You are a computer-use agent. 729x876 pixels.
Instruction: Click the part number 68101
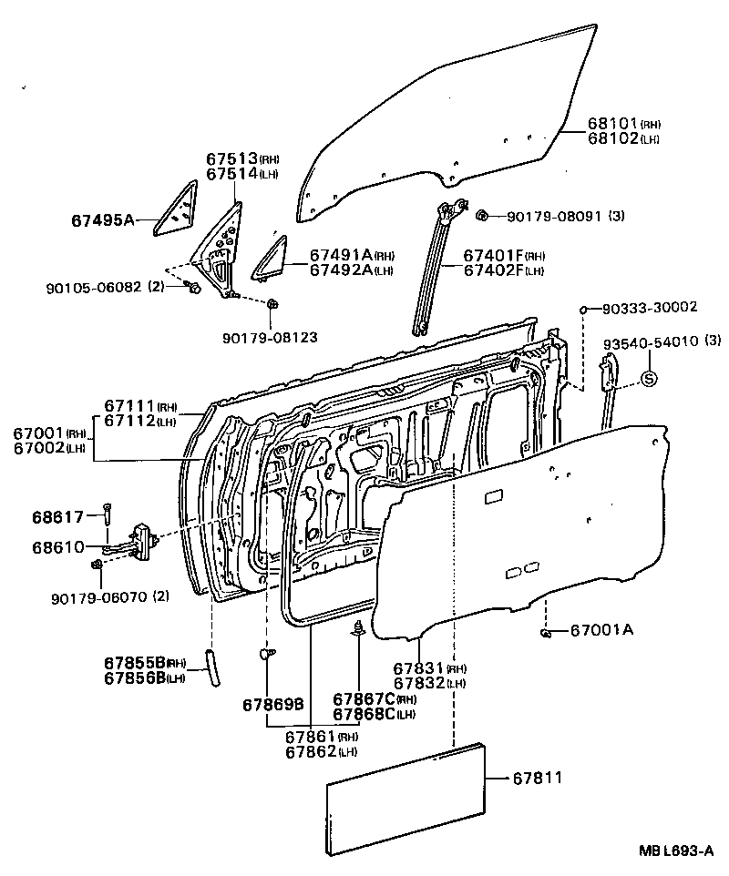click(x=612, y=125)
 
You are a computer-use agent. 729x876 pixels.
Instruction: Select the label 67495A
click(x=102, y=219)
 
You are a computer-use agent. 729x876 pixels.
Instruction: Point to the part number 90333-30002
click(x=650, y=309)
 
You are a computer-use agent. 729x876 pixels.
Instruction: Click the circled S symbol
click(x=648, y=378)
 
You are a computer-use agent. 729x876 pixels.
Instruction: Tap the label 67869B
click(x=272, y=705)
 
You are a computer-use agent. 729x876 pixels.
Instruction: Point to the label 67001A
click(x=601, y=630)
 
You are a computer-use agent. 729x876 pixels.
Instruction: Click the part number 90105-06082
click(x=93, y=287)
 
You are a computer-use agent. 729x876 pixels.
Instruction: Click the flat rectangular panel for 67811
click(x=406, y=799)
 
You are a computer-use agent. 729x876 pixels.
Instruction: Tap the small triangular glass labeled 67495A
click(x=176, y=211)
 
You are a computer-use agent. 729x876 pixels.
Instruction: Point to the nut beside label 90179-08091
click(x=482, y=215)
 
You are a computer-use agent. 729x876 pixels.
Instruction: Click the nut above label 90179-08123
click(x=273, y=304)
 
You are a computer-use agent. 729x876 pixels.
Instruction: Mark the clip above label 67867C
click(x=359, y=628)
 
